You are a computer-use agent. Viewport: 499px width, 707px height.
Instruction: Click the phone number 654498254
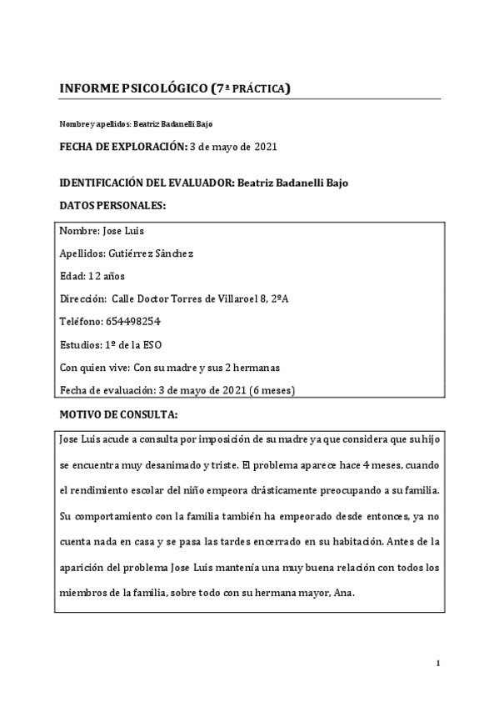(x=132, y=321)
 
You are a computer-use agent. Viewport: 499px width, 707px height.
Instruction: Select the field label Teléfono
(x=82, y=321)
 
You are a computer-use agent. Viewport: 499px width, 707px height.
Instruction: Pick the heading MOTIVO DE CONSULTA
(x=119, y=414)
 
